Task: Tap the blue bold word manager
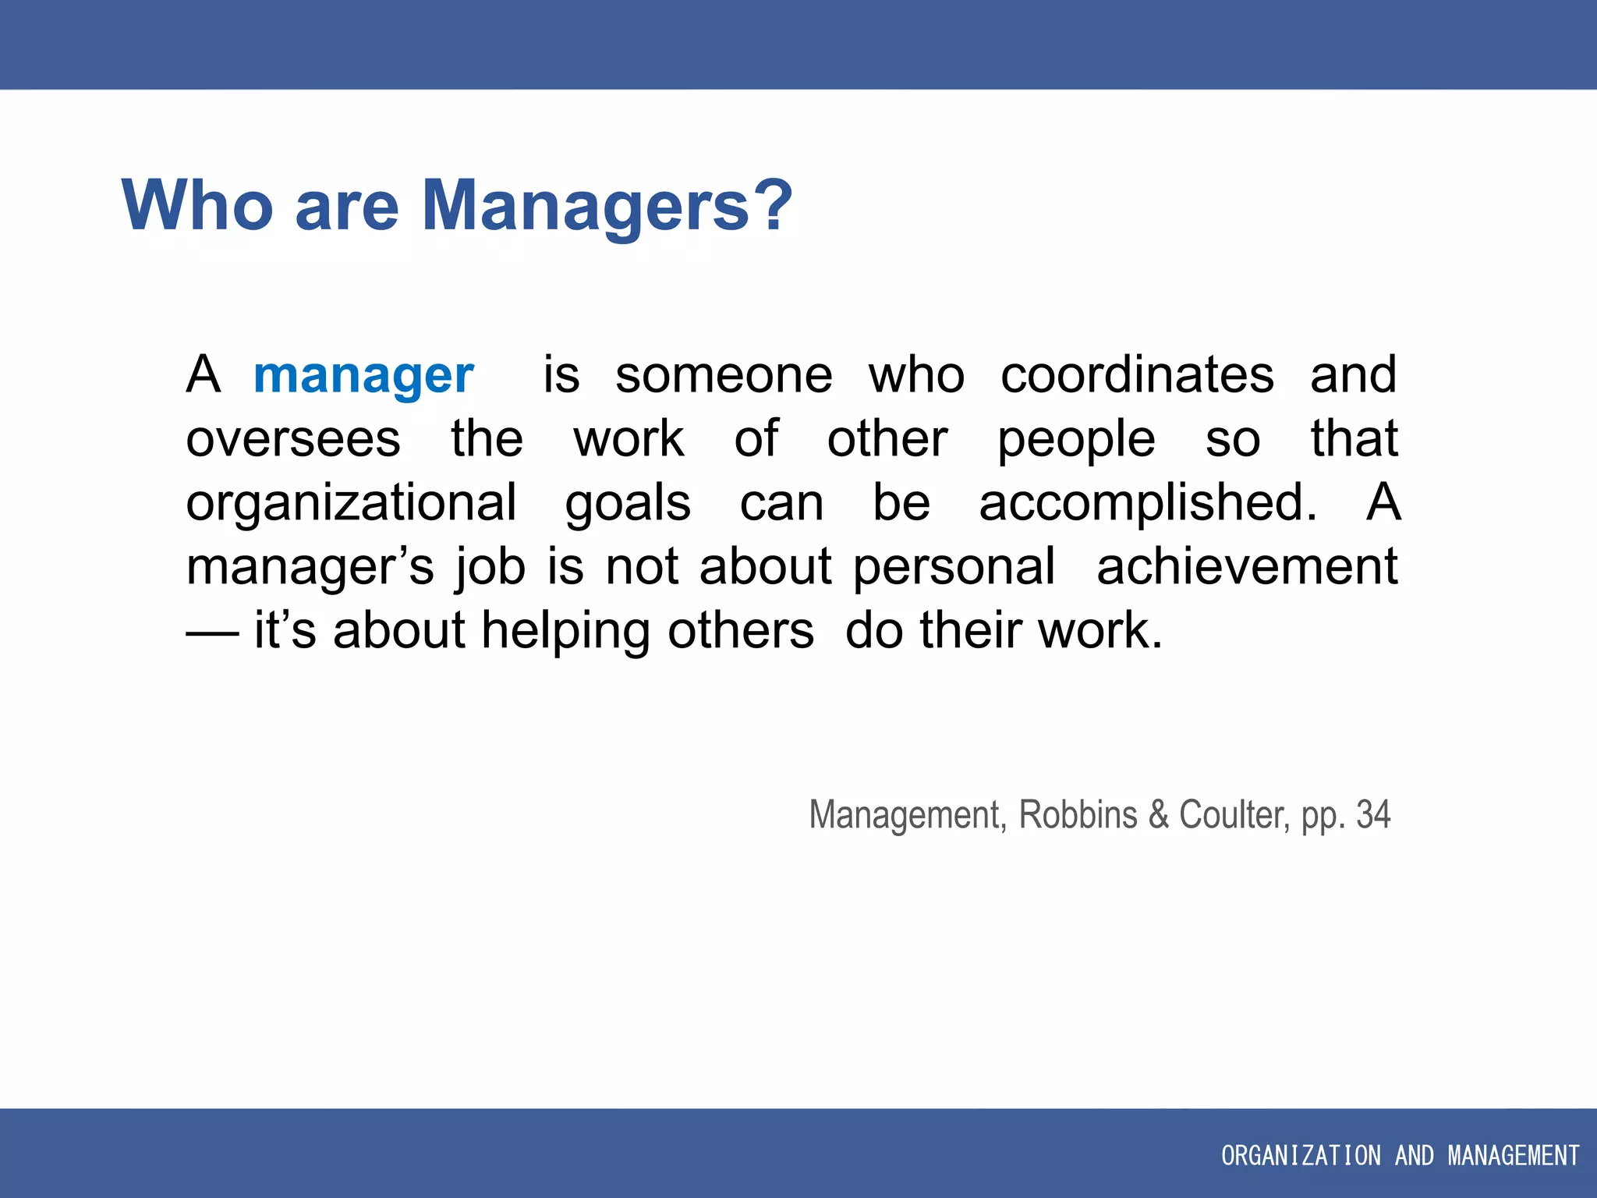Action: pyautogui.click(x=363, y=376)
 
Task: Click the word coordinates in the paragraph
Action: pyautogui.click(x=1137, y=376)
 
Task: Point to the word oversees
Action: pyautogui.click(x=293, y=440)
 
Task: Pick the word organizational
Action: pyautogui.click(x=351, y=504)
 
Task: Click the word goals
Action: pyautogui.click(x=628, y=504)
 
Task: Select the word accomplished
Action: pyautogui.click(x=1148, y=502)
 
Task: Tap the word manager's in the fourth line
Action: pyautogui.click(x=310, y=567)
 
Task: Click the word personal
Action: pyautogui.click(x=954, y=567)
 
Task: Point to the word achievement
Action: pyautogui.click(x=1247, y=567)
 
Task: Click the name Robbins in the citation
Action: pyautogui.click(x=1078, y=815)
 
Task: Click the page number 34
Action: pyautogui.click(x=1373, y=815)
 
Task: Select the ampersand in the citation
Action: pyautogui.click(x=1159, y=815)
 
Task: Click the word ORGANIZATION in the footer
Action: pyautogui.click(x=1301, y=1155)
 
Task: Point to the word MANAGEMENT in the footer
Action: pyautogui.click(x=1514, y=1155)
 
